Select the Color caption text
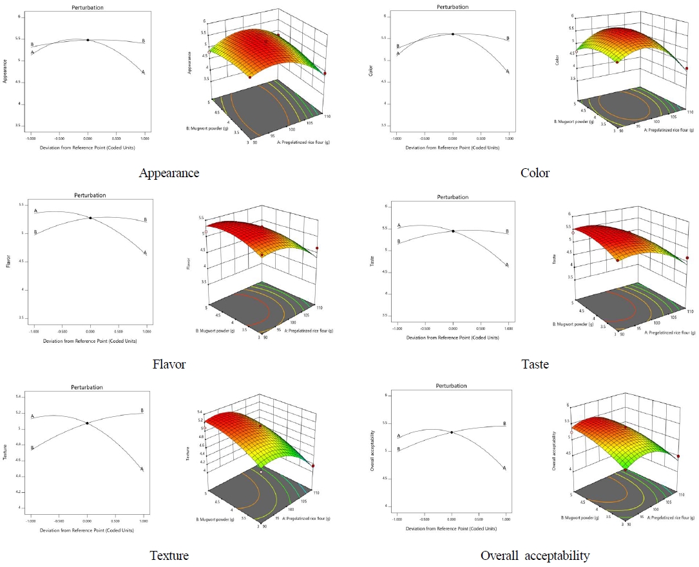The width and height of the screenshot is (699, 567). (x=535, y=173)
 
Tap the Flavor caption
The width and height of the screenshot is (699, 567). (x=169, y=364)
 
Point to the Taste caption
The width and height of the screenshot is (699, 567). (x=535, y=364)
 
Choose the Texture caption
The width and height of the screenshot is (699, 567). (x=169, y=555)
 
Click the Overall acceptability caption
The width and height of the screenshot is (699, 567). (x=535, y=555)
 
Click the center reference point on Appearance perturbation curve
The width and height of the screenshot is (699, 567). (x=88, y=40)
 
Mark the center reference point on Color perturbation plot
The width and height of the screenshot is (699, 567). (x=453, y=34)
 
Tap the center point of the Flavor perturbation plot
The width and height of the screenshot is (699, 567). (x=90, y=218)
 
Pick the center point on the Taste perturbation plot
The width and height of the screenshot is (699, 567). (x=453, y=231)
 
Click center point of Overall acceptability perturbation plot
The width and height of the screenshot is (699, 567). (x=452, y=432)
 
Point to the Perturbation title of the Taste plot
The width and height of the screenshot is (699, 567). (x=452, y=197)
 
